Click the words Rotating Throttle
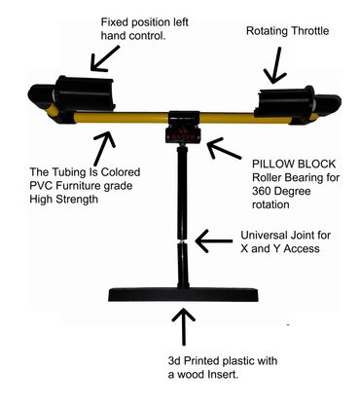(287, 31)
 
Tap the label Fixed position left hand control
(144, 29)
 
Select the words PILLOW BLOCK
(294, 164)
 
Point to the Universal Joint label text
(285, 241)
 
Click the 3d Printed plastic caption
(223, 368)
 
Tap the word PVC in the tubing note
(41, 186)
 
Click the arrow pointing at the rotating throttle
(275, 64)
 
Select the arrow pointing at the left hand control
(104, 58)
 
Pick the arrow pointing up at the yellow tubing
(103, 148)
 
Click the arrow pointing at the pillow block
(224, 149)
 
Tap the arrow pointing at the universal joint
(214, 241)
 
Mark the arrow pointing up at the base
(184, 326)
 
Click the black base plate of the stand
(183, 295)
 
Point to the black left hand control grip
(84, 94)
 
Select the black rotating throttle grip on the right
(286, 101)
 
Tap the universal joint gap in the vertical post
(183, 242)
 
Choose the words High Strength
(63, 200)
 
